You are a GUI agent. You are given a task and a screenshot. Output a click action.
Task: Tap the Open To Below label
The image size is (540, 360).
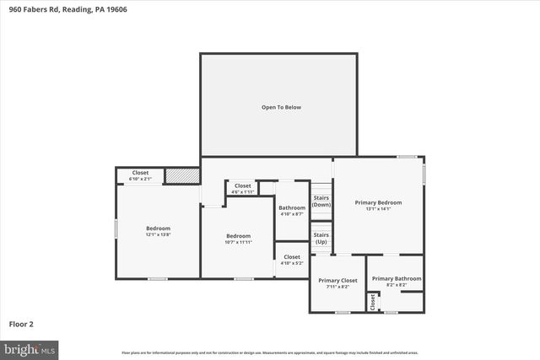pyautogui.click(x=281, y=107)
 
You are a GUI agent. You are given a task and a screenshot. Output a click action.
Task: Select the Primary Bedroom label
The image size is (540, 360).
pyautogui.click(x=378, y=202)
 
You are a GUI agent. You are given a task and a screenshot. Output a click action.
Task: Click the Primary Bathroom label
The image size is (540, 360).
pyautogui.click(x=396, y=279)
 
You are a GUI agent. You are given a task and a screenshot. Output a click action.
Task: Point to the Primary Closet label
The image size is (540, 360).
pyautogui.click(x=337, y=280)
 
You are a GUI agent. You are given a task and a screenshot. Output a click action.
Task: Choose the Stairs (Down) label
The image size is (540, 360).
pyautogui.click(x=321, y=201)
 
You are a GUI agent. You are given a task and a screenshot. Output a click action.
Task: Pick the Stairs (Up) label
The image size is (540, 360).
pyautogui.click(x=321, y=238)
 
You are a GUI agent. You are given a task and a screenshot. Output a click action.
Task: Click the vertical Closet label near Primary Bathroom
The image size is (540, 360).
pyautogui.click(x=372, y=302)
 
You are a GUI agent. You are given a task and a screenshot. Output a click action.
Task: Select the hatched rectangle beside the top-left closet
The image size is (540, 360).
pyautogui.click(x=182, y=175)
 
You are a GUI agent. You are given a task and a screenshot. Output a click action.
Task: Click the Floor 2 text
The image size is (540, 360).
pyautogui.click(x=21, y=324)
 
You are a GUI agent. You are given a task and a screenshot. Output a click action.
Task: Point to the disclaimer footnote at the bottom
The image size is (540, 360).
pyautogui.click(x=270, y=352)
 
